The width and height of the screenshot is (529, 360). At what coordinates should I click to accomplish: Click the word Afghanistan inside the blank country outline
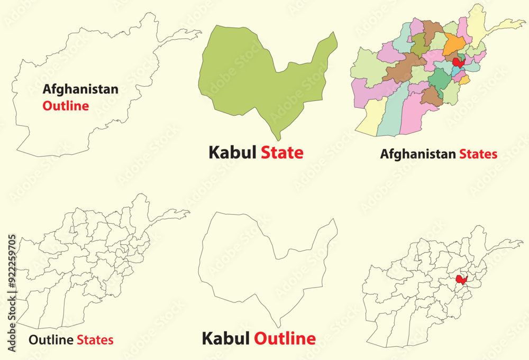tap(80, 89)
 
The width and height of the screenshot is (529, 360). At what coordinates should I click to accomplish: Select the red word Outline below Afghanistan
tap(66, 106)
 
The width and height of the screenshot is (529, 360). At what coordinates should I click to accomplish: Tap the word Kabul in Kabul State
tap(232, 153)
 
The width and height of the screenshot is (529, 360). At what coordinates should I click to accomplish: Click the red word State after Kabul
tap(282, 153)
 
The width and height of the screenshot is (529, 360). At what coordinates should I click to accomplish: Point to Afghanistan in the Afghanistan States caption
tap(417, 154)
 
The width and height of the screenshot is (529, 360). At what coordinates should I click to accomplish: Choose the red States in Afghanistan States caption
tap(478, 154)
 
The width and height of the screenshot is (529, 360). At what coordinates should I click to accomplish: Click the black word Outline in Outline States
tap(51, 340)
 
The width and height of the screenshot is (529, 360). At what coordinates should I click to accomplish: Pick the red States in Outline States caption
tap(95, 340)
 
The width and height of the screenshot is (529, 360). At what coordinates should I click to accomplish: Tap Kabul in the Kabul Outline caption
tap(226, 338)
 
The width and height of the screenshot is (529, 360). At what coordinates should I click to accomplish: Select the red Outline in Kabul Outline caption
tap(285, 338)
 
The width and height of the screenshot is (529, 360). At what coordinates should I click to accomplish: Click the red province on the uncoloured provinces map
tap(461, 279)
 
